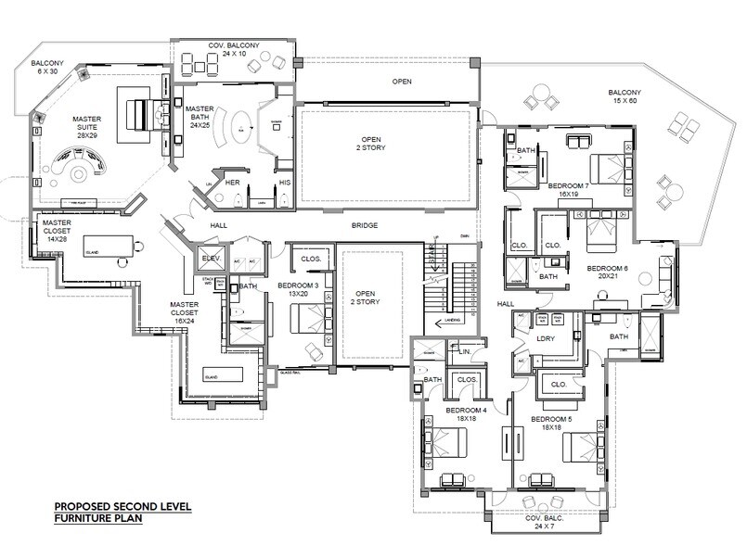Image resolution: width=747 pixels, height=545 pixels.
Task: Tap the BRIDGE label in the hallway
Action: click(x=363, y=225)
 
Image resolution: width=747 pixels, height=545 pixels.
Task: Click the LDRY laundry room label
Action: click(x=546, y=338)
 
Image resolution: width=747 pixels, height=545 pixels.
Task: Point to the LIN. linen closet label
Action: click(x=468, y=353)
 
